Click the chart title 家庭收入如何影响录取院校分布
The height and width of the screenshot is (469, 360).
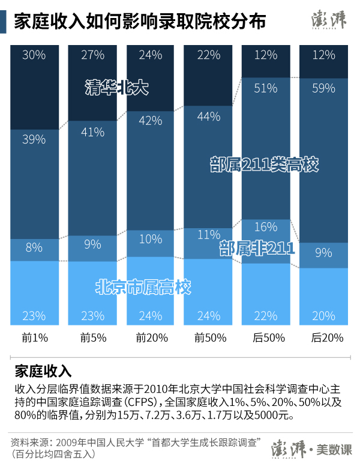point(139,22)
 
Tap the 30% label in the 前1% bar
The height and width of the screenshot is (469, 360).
point(34,55)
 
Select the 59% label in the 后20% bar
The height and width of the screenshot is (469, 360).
point(323,88)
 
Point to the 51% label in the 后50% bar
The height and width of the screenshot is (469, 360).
point(265,88)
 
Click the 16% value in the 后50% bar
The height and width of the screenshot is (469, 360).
point(265,227)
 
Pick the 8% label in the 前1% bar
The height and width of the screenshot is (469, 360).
point(34,247)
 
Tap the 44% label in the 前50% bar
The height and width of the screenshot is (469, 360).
point(208,117)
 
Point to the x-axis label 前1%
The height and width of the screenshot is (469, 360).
point(34,337)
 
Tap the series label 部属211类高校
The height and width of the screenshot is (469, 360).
point(263,164)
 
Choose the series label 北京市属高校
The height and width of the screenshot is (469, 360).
point(143,288)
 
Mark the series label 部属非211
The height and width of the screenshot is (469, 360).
point(257,247)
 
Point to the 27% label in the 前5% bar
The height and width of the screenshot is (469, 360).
point(92,55)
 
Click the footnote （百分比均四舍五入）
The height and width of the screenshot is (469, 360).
point(53,454)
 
